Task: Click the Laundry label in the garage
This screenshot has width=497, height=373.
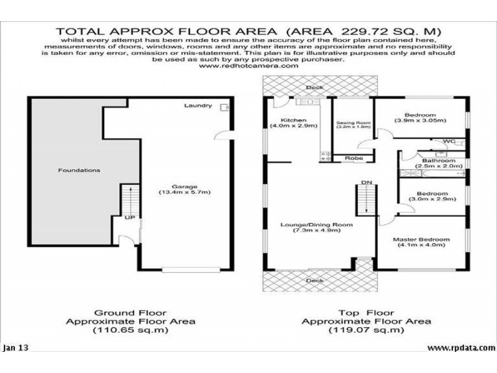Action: (198, 106)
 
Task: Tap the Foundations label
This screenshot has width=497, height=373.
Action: (79, 170)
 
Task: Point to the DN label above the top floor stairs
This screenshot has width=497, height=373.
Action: (366, 182)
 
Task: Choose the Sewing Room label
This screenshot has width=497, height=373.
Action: (353, 123)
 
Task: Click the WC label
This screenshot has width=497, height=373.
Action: (449, 142)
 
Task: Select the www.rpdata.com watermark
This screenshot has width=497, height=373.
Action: (460, 348)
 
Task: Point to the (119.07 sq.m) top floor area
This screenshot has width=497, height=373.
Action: (366, 330)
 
